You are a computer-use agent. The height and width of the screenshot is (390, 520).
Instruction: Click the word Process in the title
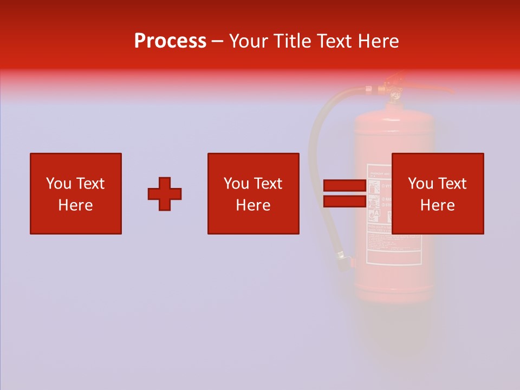click(170, 41)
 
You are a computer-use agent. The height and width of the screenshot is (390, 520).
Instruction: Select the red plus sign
click(165, 194)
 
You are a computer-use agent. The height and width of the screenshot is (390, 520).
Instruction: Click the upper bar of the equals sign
click(344, 186)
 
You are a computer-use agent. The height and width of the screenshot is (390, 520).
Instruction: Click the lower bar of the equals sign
click(344, 201)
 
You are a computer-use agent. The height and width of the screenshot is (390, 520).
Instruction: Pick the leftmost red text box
click(76, 193)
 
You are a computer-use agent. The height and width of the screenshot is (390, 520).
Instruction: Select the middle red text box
click(253, 193)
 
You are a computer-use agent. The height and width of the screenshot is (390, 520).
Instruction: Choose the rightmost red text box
click(438, 193)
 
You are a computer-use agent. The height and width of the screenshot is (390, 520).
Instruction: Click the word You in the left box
click(58, 184)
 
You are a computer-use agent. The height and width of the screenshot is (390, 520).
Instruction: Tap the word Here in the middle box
click(253, 205)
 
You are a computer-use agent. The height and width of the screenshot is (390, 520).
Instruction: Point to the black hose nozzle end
click(343, 260)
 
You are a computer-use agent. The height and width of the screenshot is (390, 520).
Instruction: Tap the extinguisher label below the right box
click(394, 249)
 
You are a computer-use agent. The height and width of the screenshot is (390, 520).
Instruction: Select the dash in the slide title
click(217, 41)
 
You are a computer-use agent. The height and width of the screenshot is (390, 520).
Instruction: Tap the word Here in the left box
click(76, 205)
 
